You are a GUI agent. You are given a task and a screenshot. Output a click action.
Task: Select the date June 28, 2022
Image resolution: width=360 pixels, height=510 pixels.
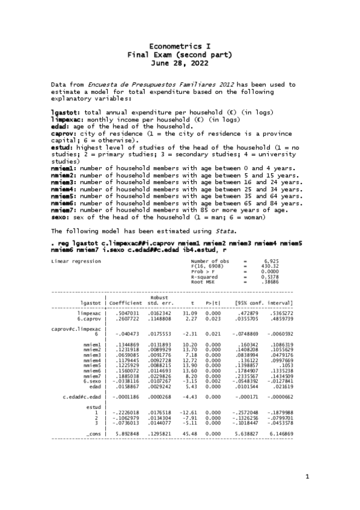coord(180,62)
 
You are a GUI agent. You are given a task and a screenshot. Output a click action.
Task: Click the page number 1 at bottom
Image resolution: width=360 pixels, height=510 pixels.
coord(307,478)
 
